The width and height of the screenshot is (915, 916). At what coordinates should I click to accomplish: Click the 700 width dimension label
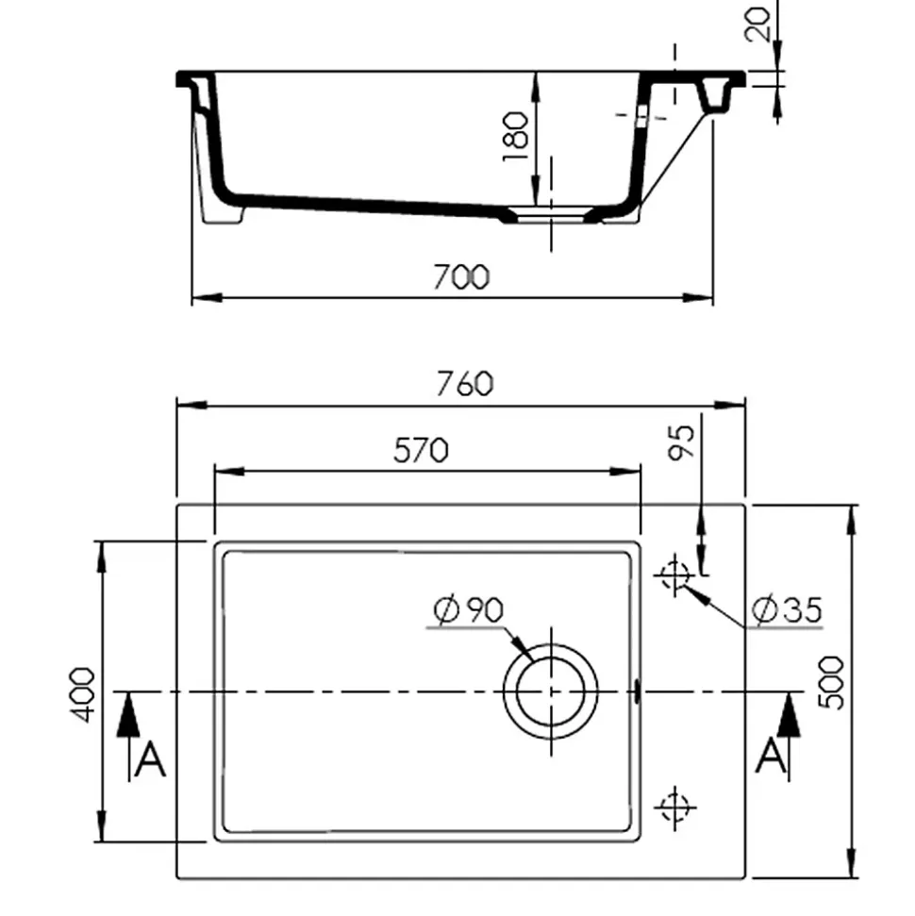pyautogui.click(x=461, y=277)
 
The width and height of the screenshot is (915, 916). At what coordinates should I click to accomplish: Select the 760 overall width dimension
pyautogui.click(x=463, y=385)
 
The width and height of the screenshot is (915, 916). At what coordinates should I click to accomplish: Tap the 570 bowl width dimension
pyautogui.click(x=420, y=451)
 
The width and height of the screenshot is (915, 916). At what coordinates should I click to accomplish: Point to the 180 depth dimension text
pyautogui.click(x=515, y=137)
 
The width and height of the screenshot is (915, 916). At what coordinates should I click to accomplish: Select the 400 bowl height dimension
pyautogui.click(x=83, y=694)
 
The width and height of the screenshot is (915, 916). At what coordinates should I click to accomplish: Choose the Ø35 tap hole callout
pyautogui.click(x=787, y=611)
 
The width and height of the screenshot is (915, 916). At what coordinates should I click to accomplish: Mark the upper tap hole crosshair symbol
pyautogui.click(x=675, y=574)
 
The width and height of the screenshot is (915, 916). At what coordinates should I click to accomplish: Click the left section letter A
pyautogui.click(x=150, y=759)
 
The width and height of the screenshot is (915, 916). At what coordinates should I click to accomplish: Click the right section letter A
pyautogui.click(x=771, y=758)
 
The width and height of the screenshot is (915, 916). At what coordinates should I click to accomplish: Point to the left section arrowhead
pyautogui.click(x=128, y=715)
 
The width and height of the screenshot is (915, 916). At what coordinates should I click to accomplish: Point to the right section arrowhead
pyautogui.click(x=790, y=715)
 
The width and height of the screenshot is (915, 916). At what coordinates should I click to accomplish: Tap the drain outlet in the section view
pyautogui.click(x=551, y=214)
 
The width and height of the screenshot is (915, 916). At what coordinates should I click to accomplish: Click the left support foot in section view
pyautogui.click(x=225, y=213)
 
